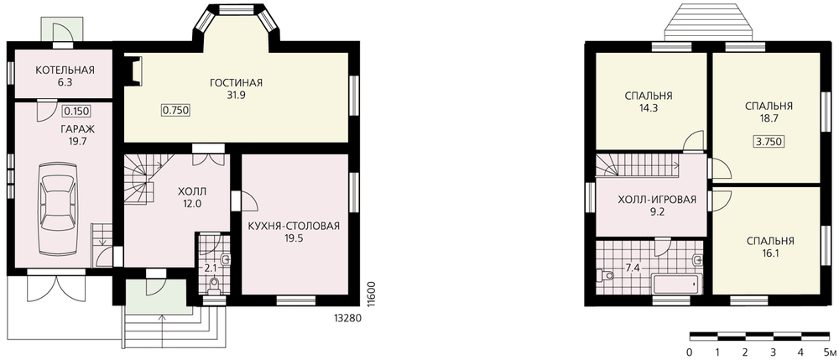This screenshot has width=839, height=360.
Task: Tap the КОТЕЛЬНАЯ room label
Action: tap(65, 70)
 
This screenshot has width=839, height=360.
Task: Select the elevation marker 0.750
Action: tap(176, 110)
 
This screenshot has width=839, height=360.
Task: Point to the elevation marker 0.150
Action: tap(76, 112)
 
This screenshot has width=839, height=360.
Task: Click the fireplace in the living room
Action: tap(133, 70)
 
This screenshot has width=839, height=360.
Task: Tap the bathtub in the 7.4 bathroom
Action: tap(676, 284)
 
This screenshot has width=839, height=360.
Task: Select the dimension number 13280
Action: tap(348, 318)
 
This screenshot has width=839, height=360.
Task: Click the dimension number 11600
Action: tap(372, 295)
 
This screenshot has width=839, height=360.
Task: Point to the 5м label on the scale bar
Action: tap(831, 352)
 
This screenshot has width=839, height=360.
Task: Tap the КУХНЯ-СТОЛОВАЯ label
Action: tap(294, 225)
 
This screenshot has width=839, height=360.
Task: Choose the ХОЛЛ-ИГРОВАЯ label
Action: tap(657, 200)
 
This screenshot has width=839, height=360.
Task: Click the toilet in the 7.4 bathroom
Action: tap(605, 275)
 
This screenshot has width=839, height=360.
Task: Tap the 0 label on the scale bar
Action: tap(690, 352)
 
